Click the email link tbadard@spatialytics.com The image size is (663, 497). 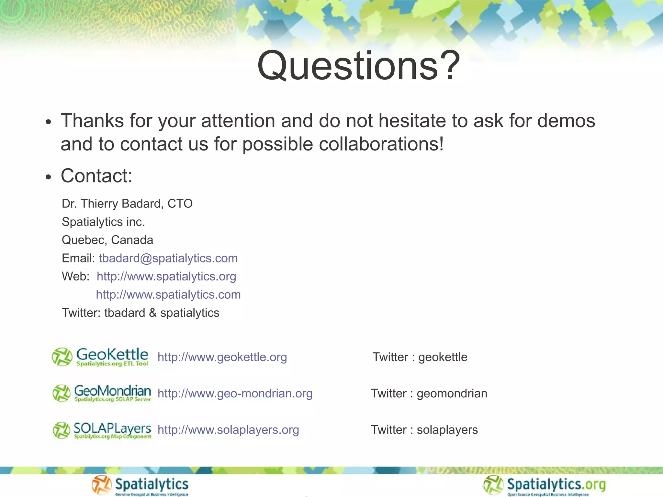click(x=168, y=258)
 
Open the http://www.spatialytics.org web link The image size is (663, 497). click(x=166, y=276)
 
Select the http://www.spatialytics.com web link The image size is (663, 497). click(x=168, y=294)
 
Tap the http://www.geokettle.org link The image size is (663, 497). click(x=222, y=357)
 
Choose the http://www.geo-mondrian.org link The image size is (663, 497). click(x=235, y=393)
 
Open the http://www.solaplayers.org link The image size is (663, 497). click(x=228, y=430)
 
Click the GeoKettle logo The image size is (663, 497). click(x=100, y=357)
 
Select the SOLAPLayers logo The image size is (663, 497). click(x=102, y=430)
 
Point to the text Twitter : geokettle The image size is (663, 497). click(x=420, y=357)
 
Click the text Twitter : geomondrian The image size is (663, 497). click(x=429, y=393)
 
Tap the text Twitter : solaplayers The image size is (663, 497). click(x=424, y=430)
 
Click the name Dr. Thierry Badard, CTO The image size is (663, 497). click(x=127, y=204)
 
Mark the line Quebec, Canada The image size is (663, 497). click(x=107, y=240)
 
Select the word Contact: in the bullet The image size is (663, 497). click(x=96, y=176)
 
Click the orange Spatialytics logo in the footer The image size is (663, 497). click(x=140, y=485)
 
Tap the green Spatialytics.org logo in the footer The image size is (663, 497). click(x=545, y=485)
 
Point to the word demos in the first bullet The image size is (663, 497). click(x=566, y=121)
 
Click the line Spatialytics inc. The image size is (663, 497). click(x=103, y=222)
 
